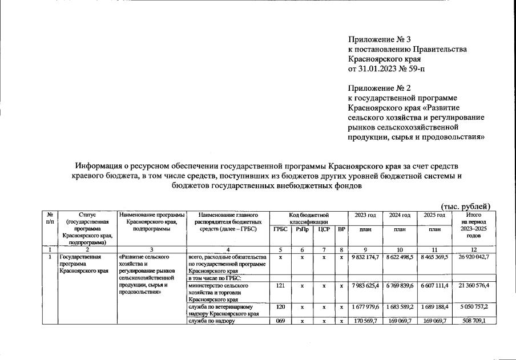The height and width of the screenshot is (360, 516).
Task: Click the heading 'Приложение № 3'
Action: click(380, 39)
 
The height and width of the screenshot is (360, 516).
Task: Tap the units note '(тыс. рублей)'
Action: click(466, 206)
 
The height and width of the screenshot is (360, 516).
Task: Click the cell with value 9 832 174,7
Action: click(365, 257)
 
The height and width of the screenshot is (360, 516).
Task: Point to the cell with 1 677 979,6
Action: click(365, 306)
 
